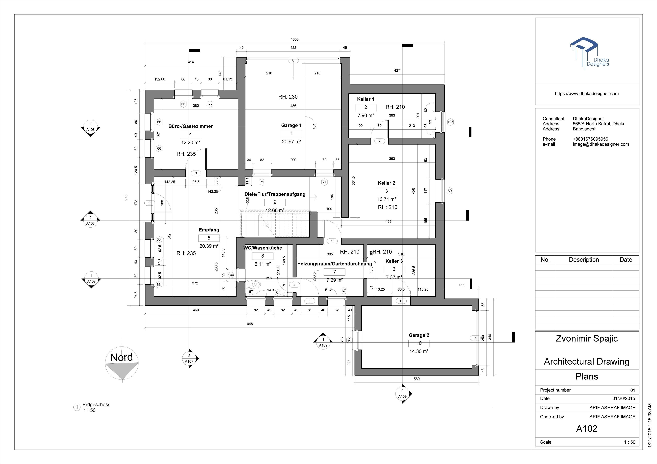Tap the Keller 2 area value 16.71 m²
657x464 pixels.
pyautogui.click(x=387, y=199)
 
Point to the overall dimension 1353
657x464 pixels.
pyautogui.click(x=295, y=39)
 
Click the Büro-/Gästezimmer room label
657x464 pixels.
pyautogui.click(x=190, y=126)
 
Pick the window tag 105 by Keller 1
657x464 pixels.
pyautogui.click(x=450, y=122)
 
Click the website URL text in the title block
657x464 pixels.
pyautogui.click(x=587, y=94)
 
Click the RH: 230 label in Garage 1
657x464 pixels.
pyautogui.click(x=288, y=97)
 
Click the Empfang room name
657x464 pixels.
pyautogui.click(x=209, y=230)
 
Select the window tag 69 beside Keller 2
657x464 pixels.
pyautogui.click(x=450, y=191)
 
